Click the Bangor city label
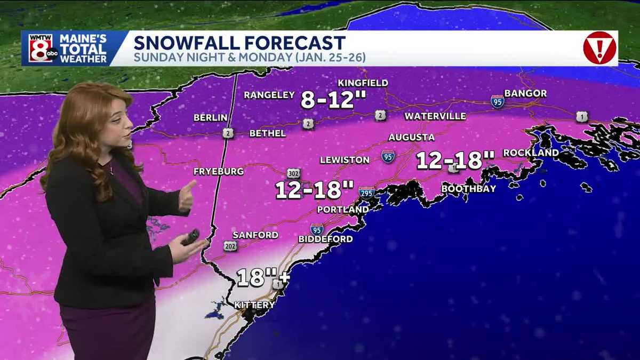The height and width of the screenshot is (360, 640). tap(525, 93)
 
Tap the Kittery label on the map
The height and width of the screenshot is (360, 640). tap(254, 305)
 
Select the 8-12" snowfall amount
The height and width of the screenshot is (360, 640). tap(327, 100)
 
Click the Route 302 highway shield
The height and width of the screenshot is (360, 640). tap(293, 173)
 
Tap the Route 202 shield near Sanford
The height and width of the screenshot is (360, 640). tap(230, 246)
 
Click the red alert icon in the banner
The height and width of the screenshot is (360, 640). tap(599, 48)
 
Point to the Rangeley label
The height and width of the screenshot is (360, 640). tap(269, 95)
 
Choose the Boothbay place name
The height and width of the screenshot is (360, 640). tap(468, 189)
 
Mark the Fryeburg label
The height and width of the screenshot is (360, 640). tap(219, 171)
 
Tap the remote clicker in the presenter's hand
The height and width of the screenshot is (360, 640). tap(190, 237)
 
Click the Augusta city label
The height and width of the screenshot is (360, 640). tap(411, 137)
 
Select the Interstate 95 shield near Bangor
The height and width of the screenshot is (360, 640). tap(497, 101)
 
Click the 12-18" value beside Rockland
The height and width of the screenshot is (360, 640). tap(455, 159)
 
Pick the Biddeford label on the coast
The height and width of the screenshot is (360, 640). tap(325, 239)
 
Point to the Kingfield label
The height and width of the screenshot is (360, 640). tap(363, 83)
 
